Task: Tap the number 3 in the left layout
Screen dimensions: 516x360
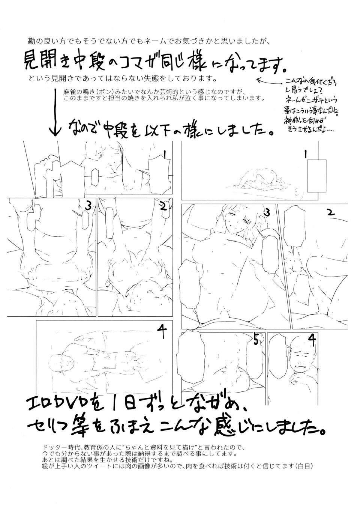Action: pos(88,206)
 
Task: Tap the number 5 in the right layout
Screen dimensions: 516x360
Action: pos(256,340)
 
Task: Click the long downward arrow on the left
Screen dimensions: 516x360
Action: pos(55,113)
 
